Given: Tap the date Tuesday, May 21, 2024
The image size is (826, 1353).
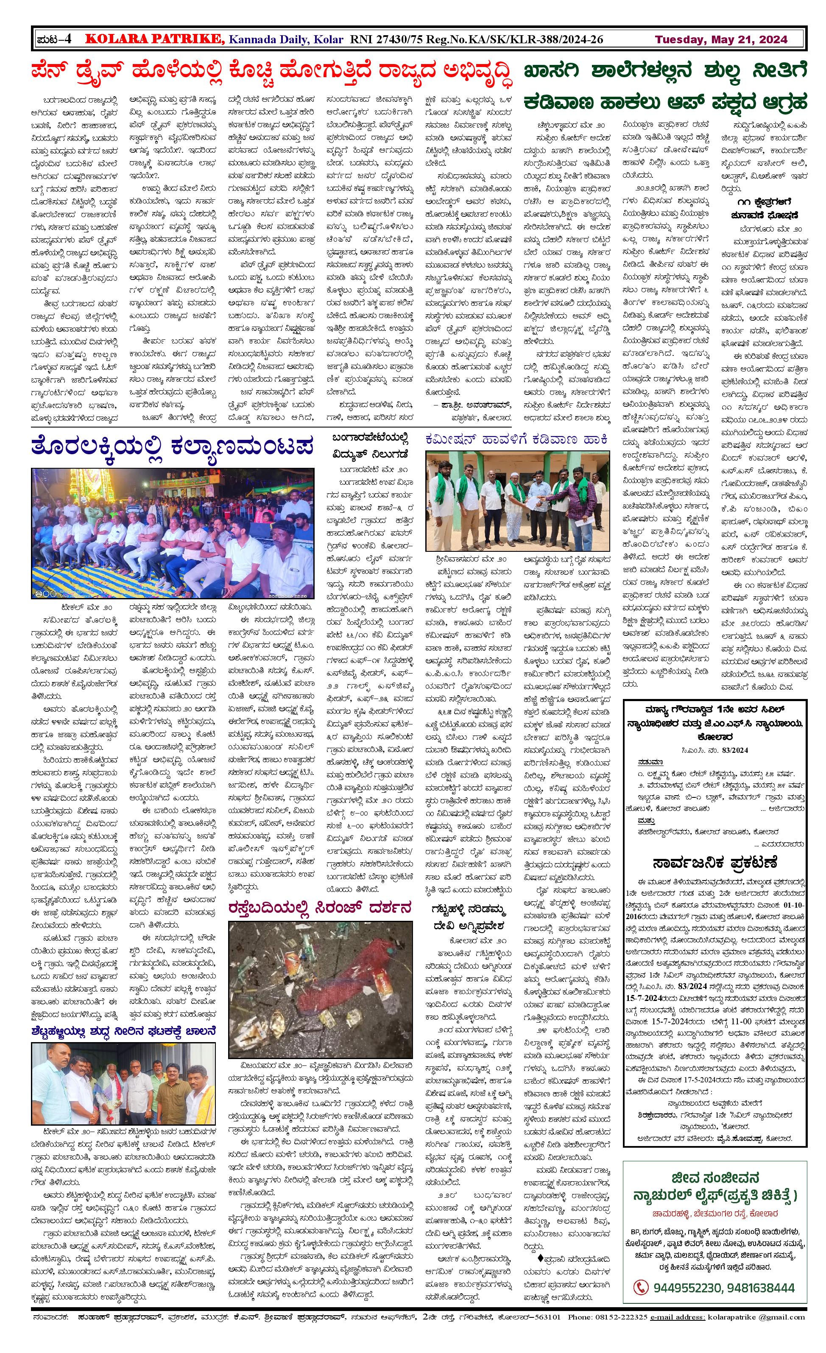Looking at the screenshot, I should pos(720,39).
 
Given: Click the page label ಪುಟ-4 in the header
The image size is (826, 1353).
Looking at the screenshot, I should pos(54,39).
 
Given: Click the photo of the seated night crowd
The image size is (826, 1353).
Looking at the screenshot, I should pos(173,533).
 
